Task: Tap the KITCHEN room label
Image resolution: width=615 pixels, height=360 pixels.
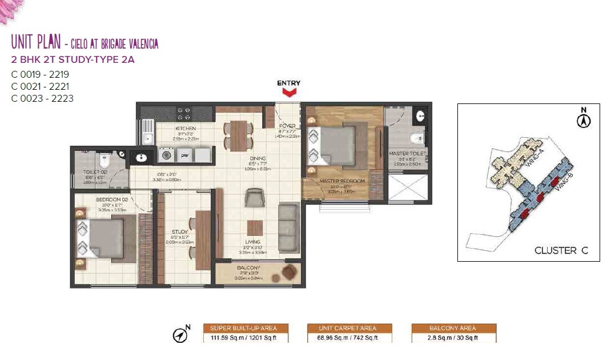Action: pos(186,129)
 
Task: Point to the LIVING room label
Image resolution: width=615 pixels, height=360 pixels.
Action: pos(252,242)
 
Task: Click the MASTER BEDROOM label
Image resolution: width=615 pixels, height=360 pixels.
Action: pos(342,182)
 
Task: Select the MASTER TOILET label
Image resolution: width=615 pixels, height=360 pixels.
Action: pos(408,154)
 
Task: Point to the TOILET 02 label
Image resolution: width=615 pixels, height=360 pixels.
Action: pos(95,171)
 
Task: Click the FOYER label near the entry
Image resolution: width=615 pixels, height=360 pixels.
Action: pos(287,126)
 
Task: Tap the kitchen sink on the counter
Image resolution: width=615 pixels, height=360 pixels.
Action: pos(148,137)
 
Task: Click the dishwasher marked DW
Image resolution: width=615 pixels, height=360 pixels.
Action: pos(184,155)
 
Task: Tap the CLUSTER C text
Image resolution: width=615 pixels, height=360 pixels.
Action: pos(560,250)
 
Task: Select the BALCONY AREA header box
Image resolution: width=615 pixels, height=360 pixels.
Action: pos(453,328)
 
